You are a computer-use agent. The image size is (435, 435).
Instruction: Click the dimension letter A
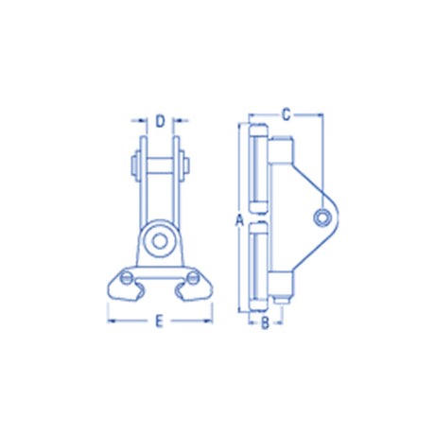pos(240,220)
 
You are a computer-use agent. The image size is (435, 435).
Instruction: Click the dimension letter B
pos(265,322)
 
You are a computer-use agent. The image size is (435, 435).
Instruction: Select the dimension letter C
pos(286,114)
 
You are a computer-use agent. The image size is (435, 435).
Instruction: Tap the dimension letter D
pos(160,121)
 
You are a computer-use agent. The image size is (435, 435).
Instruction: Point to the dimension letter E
pos(160,322)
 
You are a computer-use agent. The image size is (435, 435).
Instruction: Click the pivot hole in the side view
pos(322,217)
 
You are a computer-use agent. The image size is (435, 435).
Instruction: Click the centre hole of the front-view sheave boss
pos(159,241)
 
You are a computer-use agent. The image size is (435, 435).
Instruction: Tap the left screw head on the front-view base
pos(126,277)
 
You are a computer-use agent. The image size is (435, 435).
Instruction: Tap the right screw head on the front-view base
pos(192,277)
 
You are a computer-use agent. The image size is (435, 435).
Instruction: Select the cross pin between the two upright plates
pos(160,165)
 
